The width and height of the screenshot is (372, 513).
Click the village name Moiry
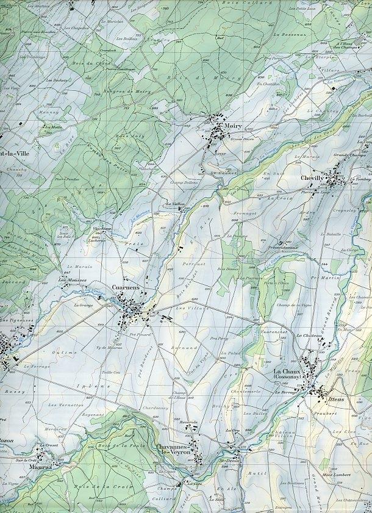coord(233,126)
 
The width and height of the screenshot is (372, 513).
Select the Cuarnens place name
coord(126,287)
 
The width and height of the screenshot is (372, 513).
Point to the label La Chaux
coord(285,371)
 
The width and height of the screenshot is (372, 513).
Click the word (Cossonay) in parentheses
coord(285,378)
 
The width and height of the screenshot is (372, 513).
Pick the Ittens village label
coord(336,399)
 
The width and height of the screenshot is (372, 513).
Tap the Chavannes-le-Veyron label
coord(173,450)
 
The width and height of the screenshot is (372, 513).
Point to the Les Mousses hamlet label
coord(72,279)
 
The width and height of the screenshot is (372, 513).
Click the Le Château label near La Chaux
coord(309,335)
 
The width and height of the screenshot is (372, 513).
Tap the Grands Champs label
coord(348,156)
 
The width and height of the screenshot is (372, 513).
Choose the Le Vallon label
coord(174,204)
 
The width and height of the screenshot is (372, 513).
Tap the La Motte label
coord(53,127)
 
